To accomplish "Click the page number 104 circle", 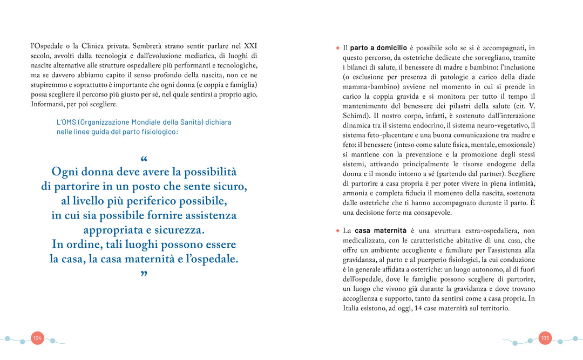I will pyautogui.click(x=37, y=338).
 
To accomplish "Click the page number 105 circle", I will pyautogui.click(x=545, y=338).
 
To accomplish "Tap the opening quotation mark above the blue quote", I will pyautogui.click(x=144, y=160).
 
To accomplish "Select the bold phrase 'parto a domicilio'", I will pyautogui.click(x=379, y=48).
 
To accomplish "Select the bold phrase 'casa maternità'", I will pyautogui.click(x=383, y=230).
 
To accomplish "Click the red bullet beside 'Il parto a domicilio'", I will pyautogui.click(x=337, y=48).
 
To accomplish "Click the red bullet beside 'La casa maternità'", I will pyautogui.click(x=337, y=230).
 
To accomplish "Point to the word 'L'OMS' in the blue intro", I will pyautogui.click(x=67, y=123).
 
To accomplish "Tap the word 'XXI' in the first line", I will pyautogui.click(x=250, y=46).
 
